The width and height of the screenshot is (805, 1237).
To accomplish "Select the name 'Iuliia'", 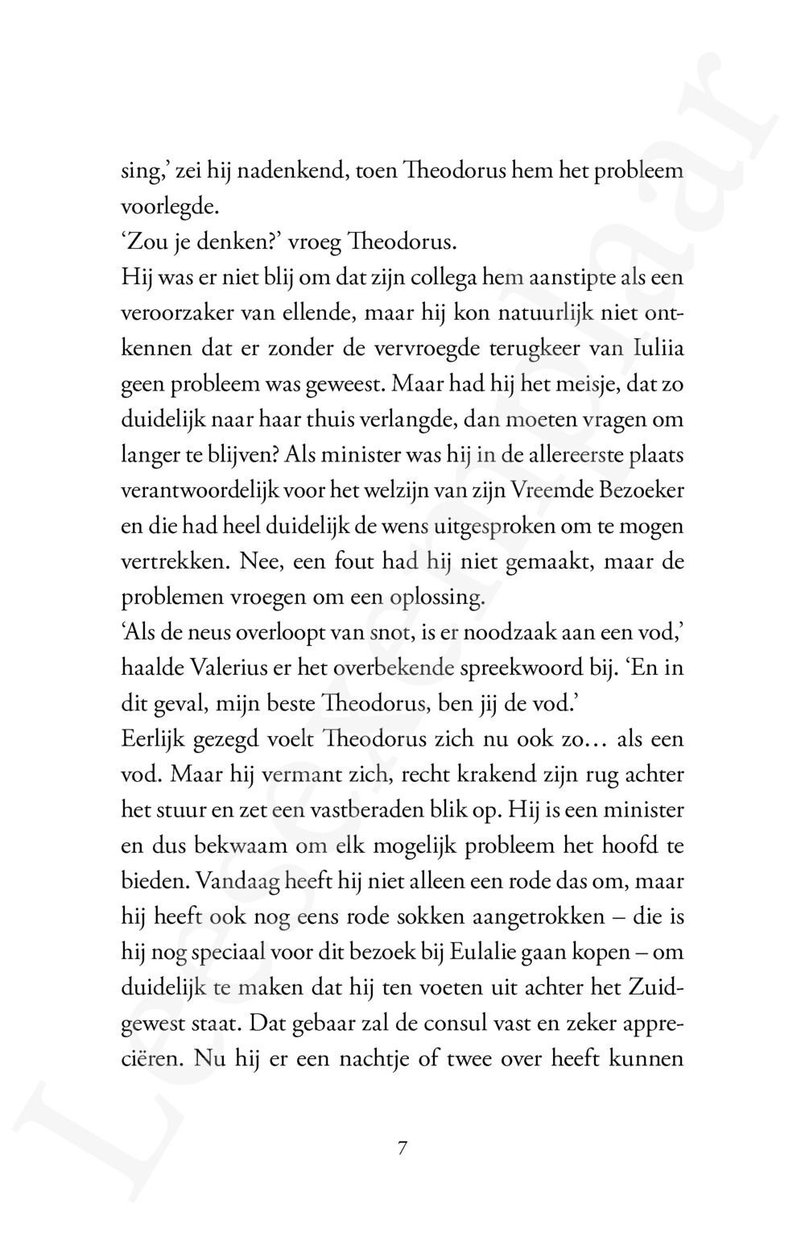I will click(x=658, y=349).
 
